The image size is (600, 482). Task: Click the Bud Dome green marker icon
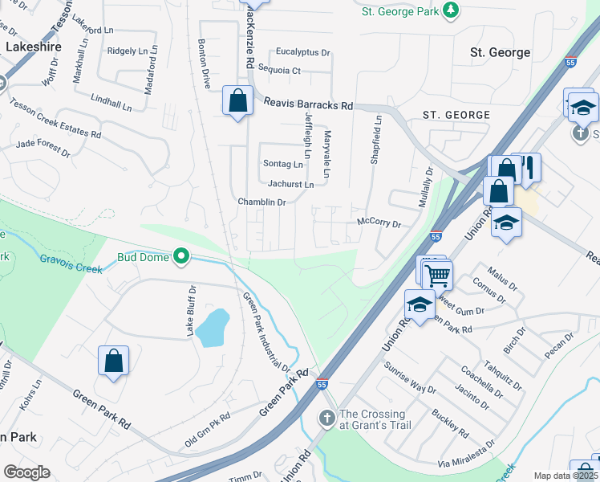click(182, 257)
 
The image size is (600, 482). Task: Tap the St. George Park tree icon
click(452, 10)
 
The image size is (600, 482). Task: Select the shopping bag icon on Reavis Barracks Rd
click(237, 102)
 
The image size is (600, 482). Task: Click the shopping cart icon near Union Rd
click(437, 276)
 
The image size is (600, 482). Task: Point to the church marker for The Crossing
click(326, 418)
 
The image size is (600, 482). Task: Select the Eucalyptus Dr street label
click(302, 52)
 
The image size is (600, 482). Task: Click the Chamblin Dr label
click(261, 202)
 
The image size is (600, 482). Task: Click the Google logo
click(26, 472)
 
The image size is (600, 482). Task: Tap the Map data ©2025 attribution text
click(566, 476)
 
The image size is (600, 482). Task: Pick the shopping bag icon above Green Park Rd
click(113, 361)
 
